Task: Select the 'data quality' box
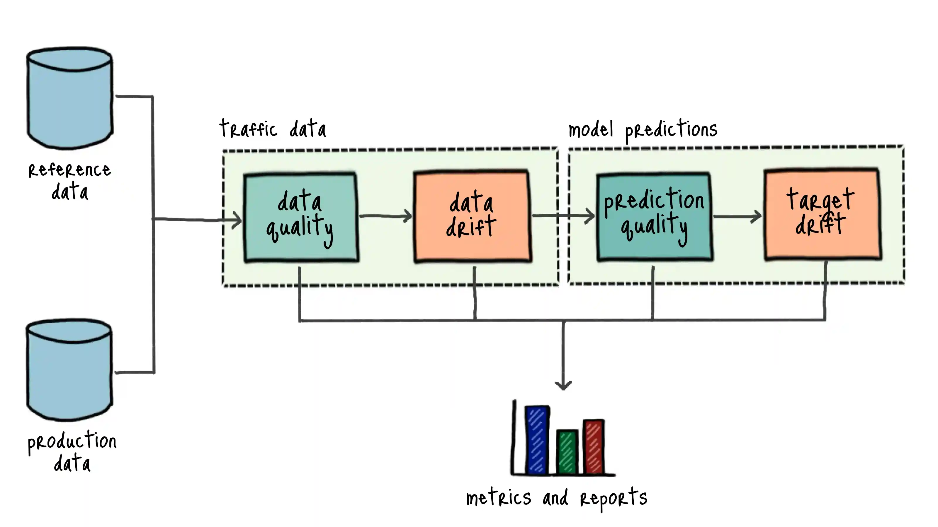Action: tap(301, 218)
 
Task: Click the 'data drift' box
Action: tap(472, 216)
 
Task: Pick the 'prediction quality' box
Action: tap(654, 217)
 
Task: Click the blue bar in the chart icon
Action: tap(537, 440)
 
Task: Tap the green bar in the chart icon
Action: tap(567, 452)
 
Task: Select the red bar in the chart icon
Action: tap(594, 446)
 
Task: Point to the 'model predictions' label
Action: tap(643, 130)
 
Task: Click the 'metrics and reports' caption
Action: tap(556, 498)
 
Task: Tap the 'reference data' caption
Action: tap(69, 181)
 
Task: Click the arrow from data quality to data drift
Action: tap(386, 216)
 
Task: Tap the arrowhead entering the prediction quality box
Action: tap(590, 216)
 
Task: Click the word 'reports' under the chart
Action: tap(614, 499)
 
